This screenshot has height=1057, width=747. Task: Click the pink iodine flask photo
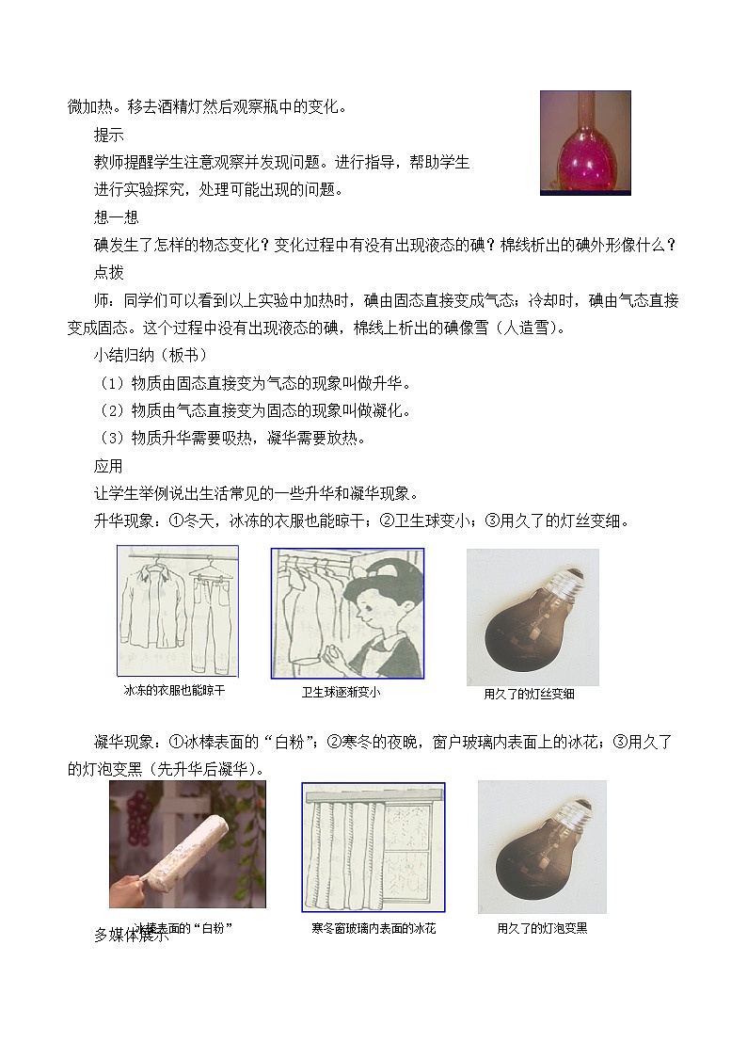click(584, 142)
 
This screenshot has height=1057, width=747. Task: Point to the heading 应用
click(108, 466)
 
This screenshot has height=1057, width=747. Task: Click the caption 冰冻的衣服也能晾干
click(175, 690)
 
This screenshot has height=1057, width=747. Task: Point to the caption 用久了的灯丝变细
click(529, 694)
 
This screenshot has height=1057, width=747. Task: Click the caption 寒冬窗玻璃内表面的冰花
click(373, 928)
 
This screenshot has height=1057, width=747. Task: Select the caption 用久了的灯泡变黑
click(542, 928)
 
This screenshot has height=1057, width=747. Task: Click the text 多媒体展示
click(132, 935)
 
